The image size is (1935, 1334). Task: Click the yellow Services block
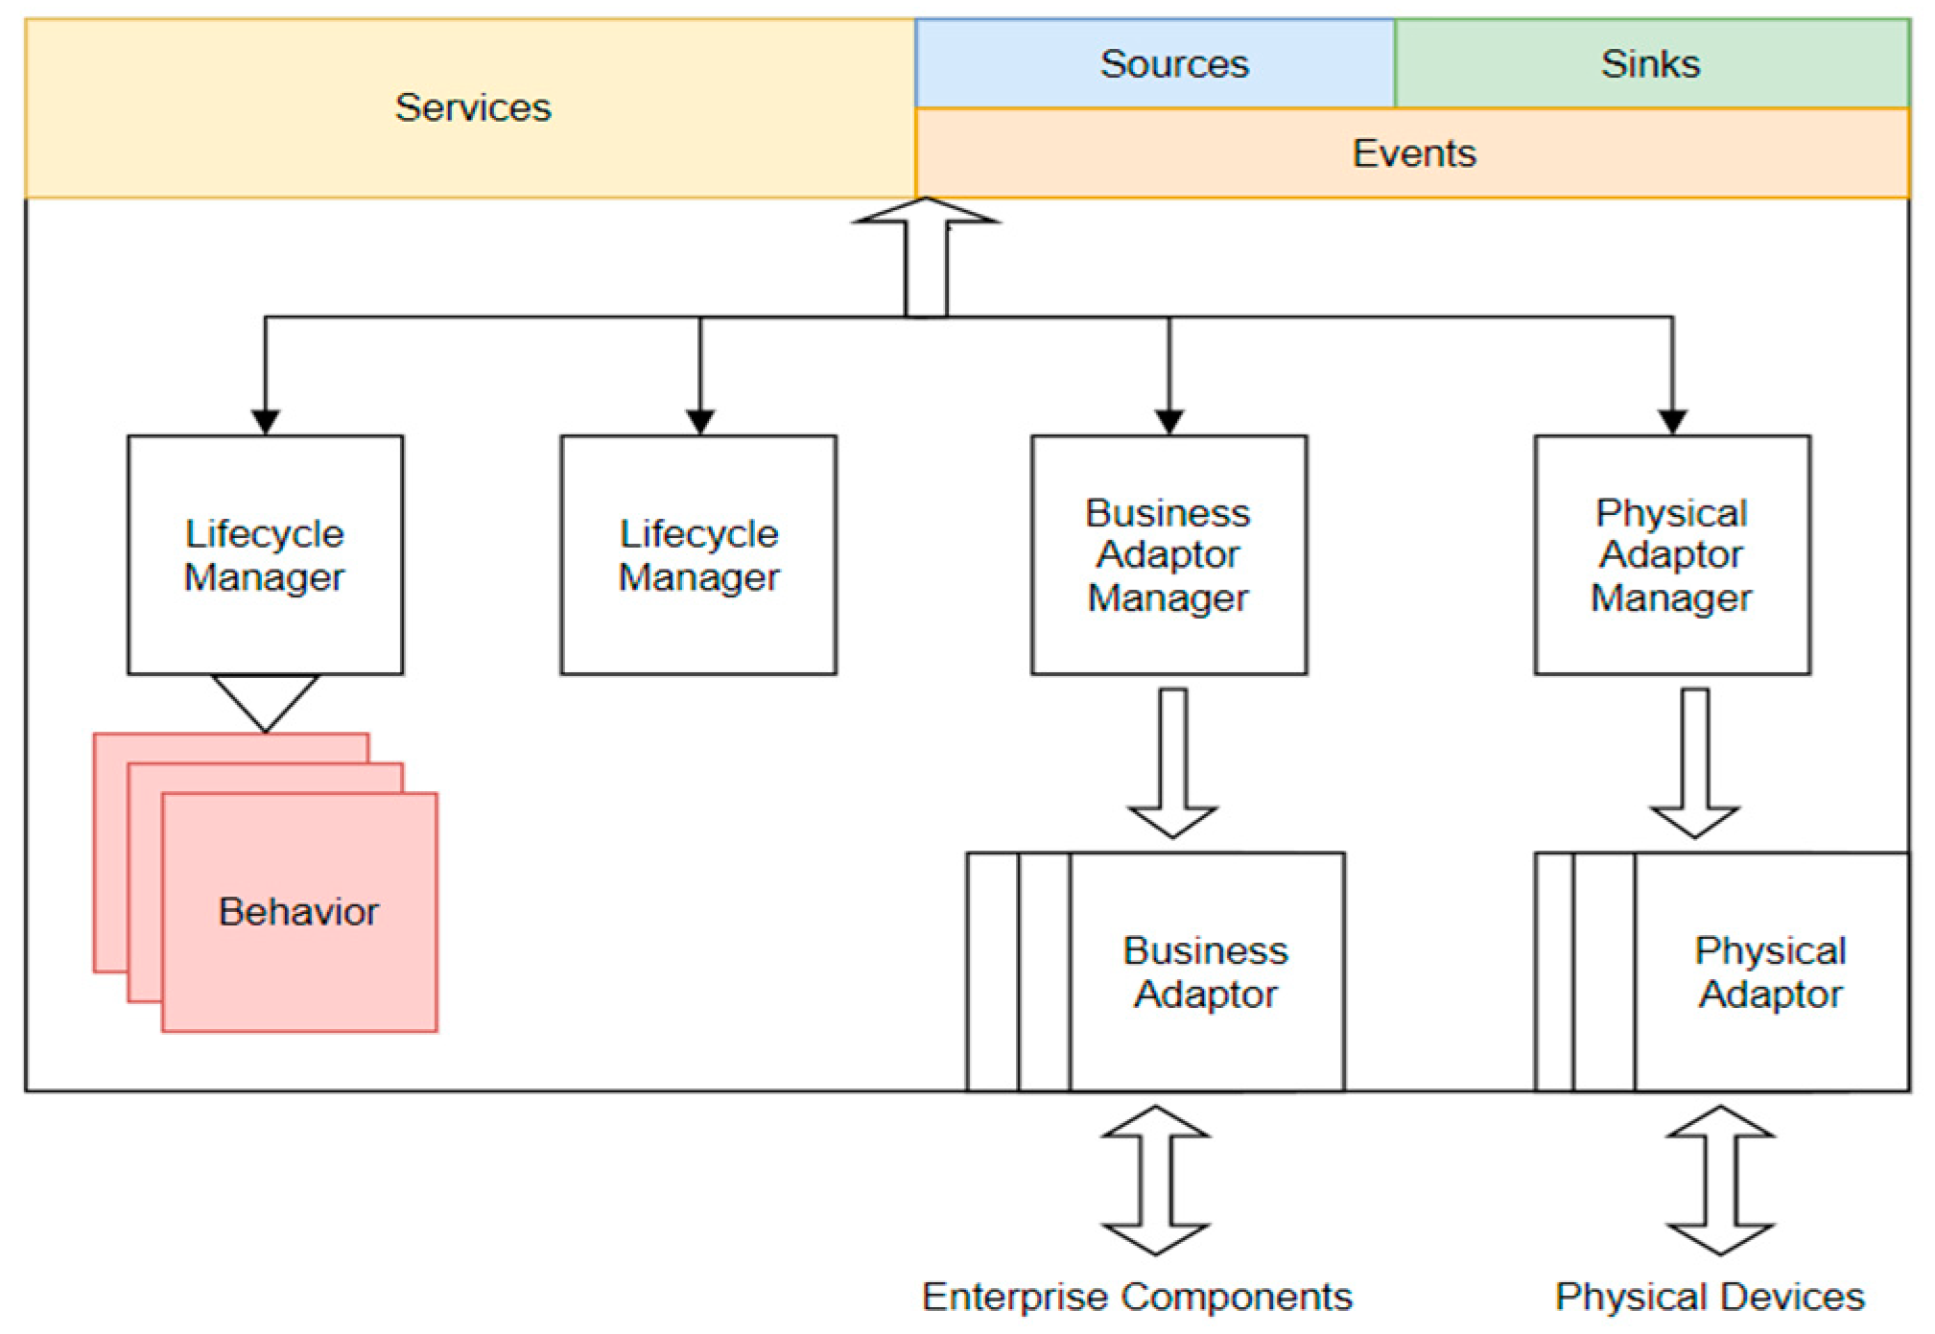pyautogui.click(x=472, y=107)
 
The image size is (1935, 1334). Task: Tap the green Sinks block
pyautogui.click(x=1650, y=63)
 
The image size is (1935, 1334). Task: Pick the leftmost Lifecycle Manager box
pyautogui.click(x=265, y=555)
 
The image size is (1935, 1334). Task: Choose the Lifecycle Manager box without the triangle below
pyautogui.click(x=698, y=555)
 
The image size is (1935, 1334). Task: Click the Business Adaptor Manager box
pyautogui.click(x=1168, y=555)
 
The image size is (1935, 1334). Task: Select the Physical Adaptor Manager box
pyautogui.click(x=1672, y=555)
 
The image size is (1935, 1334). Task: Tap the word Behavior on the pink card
pyautogui.click(x=299, y=911)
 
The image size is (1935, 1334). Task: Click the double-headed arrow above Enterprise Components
pyautogui.click(x=1155, y=1181)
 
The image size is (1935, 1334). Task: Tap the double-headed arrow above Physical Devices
pyautogui.click(x=1720, y=1181)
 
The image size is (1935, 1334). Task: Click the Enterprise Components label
pyautogui.click(x=1137, y=1297)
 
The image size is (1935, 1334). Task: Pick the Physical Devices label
pyautogui.click(x=1710, y=1297)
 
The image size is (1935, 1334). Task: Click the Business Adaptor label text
pyautogui.click(x=1206, y=971)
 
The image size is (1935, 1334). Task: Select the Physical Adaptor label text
pyautogui.click(x=1770, y=971)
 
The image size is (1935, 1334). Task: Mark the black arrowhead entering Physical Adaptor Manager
pyautogui.click(x=1672, y=422)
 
